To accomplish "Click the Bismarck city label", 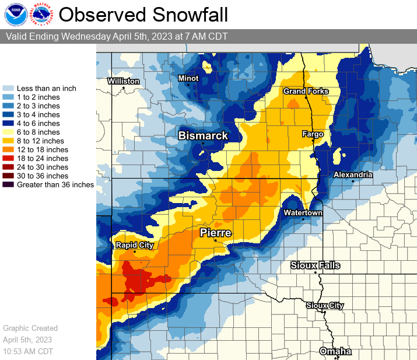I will pyautogui.click(x=203, y=135).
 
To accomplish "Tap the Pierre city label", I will pyautogui.click(x=216, y=233).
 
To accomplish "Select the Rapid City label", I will pyautogui.click(x=134, y=245).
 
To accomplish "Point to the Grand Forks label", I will pyautogui.click(x=306, y=91).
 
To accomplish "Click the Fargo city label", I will pyautogui.click(x=313, y=134).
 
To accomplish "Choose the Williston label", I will pyautogui.click(x=123, y=81).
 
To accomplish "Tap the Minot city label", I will pyautogui.click(x=188, y=78).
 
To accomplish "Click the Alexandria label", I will pyautogui.click(x=353, y=174).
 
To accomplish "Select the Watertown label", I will pyautogui.click(x=303, y=213).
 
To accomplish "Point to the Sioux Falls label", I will pyautogui.click(x=315, y=265).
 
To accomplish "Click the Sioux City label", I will pyautogui.click(x=325, y=305).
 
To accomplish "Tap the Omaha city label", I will pyautogui.click(x=335, y=351).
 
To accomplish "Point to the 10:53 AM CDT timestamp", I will pyautogui.click(x=27, y=351).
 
